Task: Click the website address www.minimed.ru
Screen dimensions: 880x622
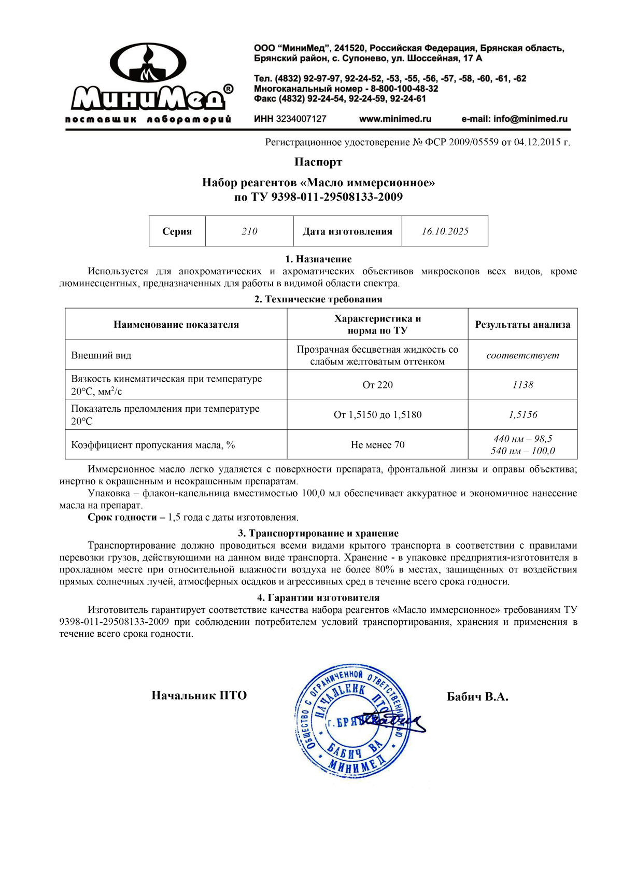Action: point(395,119)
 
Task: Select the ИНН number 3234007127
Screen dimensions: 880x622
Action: point(290,119)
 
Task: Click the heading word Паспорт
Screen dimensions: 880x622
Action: point(318,162)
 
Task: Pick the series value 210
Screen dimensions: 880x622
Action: point(249,231)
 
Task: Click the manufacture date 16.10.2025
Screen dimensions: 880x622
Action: point(445,231)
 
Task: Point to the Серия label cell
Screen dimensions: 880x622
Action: point(177,231)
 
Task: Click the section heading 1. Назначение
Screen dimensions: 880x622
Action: point(318,259)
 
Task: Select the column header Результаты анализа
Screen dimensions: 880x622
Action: point(522,325)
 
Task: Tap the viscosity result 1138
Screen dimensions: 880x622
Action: point(522,385)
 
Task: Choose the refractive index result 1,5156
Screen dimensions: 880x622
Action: point(522,414)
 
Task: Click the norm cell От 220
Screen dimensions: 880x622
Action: point(377,385)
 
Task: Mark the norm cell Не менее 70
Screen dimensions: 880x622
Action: point(377,444)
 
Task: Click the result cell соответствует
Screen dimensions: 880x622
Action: point(522,355)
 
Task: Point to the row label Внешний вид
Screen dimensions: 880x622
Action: point(101,355)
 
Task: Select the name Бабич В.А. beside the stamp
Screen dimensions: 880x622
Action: point(477,696)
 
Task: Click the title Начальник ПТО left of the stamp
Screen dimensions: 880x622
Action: point(199,695)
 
